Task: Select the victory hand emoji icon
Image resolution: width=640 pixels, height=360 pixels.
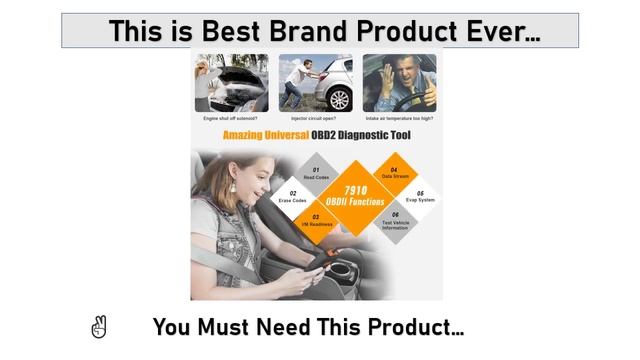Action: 98,326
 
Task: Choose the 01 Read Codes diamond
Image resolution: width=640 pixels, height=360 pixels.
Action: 316,173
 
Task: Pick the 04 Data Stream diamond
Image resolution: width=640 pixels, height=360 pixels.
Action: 393,173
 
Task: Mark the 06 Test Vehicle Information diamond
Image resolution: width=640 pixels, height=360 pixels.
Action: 394,221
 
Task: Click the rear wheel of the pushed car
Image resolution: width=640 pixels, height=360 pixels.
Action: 340,98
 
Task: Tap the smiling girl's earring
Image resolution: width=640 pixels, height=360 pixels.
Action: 233,187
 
